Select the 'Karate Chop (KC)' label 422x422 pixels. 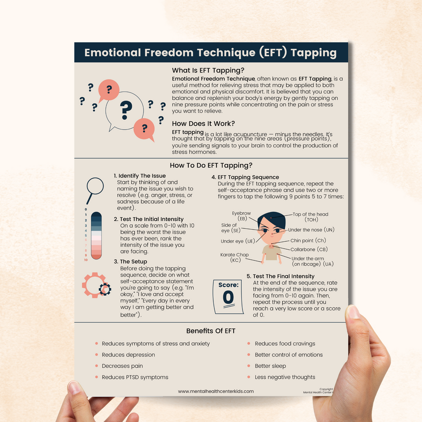pos(235,257)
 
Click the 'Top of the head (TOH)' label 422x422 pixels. pos(310,217)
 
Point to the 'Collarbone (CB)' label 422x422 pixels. pos(309,249)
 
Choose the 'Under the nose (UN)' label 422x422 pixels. pos(311,230)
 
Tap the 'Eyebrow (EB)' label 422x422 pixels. pos(242,216)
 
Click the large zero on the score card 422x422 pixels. pos(228,298)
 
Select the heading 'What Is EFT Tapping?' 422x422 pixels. pos(208,70)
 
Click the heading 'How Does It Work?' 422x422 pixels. pos(203,124)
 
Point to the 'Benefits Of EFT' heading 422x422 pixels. pos(211,331)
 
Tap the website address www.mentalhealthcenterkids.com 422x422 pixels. pos(216,391)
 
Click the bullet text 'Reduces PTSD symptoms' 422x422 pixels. pos(135,377)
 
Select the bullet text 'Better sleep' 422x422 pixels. pos(270,366)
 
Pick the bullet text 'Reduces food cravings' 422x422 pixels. pos(285,344)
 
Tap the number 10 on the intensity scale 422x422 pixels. pos(86,260)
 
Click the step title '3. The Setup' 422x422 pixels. pos(130,262)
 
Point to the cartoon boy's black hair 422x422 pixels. pos(271,218)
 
